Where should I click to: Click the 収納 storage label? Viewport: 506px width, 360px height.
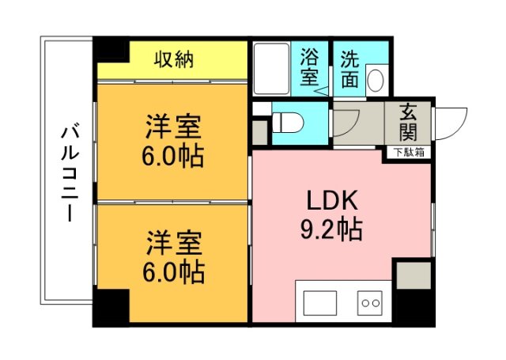click(173, 59)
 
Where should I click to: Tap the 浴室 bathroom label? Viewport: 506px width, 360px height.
click(309, 69)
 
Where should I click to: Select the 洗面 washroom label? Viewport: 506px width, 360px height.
click(350, 69)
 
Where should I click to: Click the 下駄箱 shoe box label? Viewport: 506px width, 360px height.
click(409, 152)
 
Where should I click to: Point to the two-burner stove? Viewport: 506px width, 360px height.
click(369, 303)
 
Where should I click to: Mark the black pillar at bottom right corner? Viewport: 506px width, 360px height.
click(413, 305)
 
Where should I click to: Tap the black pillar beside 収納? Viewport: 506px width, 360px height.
click(111, 51)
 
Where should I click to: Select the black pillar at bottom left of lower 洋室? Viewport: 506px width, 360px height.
click(110, 306)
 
